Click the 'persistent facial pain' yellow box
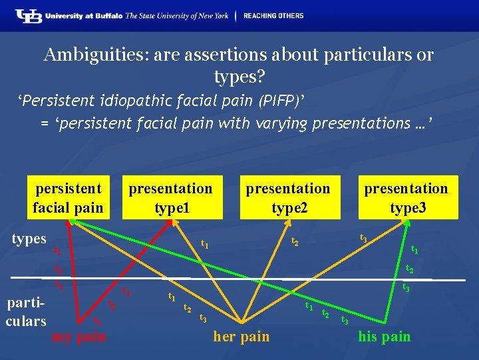pyautogui.click(x=68, y=197)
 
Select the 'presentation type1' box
pyautogui.click(x=171, y=197)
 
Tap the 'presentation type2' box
pyautogui.click(x=288, y=197)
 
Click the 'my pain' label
pyautogui.click(x=79, y=337)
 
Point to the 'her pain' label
pyautogui.click(x=241, y=336)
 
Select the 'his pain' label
pyautogui.click(x=384, y=336)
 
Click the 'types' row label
pyautogui.click(x=29, y=239)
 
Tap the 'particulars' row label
pyautogui.click(x=26, y=311)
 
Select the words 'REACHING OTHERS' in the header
pyautogui.click(x=273, y=15)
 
